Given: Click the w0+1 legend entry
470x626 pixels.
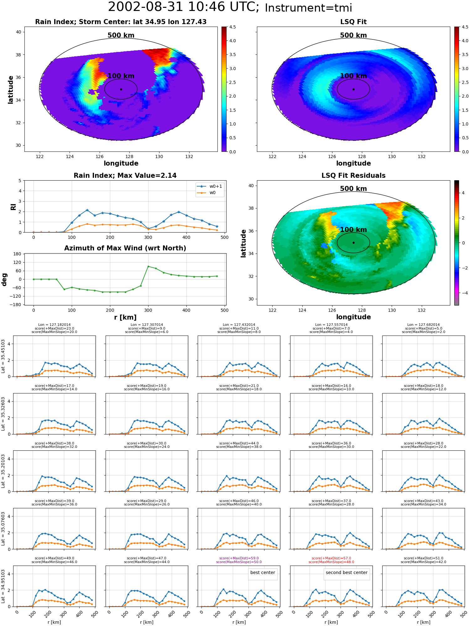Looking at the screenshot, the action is click(x=210, y=186).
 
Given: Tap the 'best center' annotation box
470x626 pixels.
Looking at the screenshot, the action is click(x=263, y=572).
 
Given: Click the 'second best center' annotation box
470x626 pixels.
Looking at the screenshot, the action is click(x=347, y=572).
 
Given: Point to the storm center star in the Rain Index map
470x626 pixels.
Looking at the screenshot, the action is click(x=121, y=89).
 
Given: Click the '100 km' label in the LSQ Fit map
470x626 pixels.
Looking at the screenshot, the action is click(x=353, y=76).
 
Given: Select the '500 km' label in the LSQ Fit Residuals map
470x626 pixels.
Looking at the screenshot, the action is click(x=353, y=189).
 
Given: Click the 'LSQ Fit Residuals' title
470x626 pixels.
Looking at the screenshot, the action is click(x=353, y=176).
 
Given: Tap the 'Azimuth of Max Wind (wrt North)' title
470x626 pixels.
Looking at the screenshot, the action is click(x=125, y=248).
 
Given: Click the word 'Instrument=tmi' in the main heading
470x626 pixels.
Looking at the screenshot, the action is click(x=308, y=8).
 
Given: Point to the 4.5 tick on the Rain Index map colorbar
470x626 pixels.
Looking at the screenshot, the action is click(x=232, y=27).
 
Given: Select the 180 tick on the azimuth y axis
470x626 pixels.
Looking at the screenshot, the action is click(x=18, y=254).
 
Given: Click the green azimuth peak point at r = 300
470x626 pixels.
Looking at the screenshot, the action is click(x=148, y=266).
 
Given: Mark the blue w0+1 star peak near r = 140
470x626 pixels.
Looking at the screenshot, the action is click(x=87, y=210).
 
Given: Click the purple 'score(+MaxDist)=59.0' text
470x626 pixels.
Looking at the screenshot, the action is click(x=239, y=558).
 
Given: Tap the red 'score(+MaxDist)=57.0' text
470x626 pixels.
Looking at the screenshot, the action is click(x=332, y=558).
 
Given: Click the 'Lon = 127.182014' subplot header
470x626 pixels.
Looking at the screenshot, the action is click(x=55, y=325).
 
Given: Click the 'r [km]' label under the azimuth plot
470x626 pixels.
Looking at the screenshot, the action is click(x=125, y=317).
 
